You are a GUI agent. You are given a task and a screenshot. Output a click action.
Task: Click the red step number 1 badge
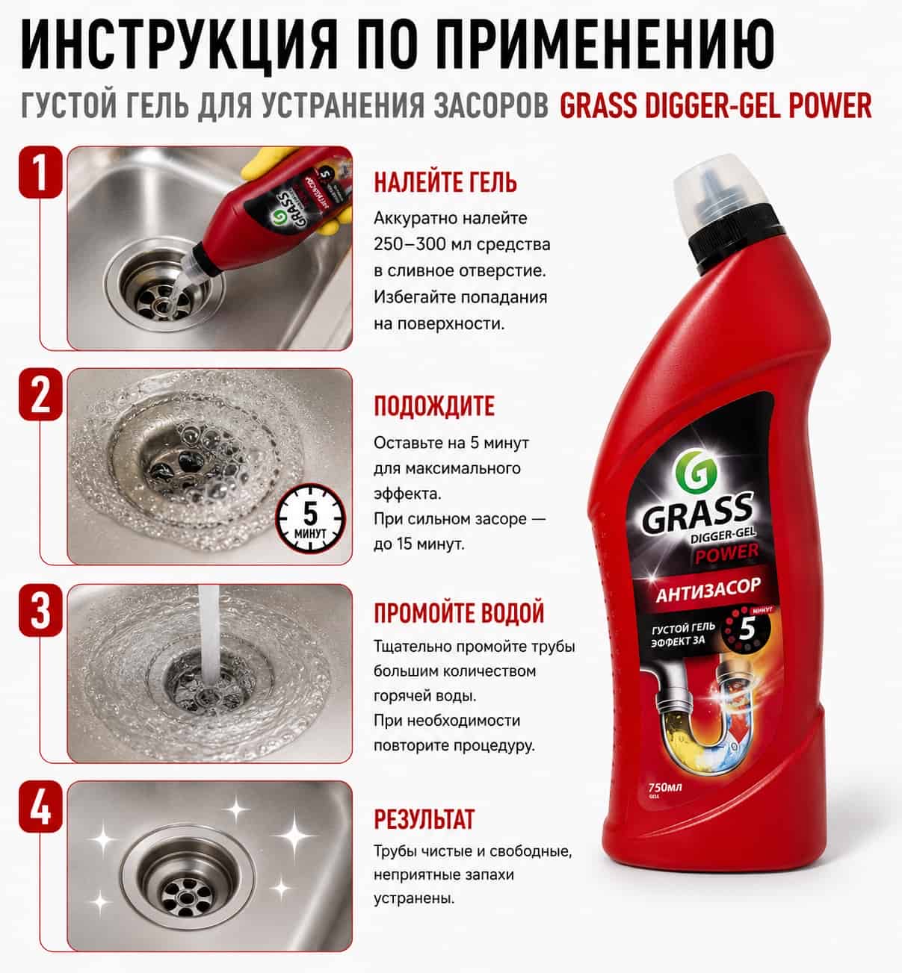[40, 172]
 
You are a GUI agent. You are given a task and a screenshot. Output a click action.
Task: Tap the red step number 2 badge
[40, 394]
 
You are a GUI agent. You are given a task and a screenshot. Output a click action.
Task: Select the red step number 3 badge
[40, 610]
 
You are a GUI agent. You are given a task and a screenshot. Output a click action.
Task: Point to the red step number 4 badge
[40, 807]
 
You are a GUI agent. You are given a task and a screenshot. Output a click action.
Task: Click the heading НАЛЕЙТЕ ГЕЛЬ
[445, 182]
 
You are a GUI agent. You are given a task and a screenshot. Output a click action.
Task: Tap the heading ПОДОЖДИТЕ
[434, 405]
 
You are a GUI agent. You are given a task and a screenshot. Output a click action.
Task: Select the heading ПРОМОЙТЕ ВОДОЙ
[459, 613]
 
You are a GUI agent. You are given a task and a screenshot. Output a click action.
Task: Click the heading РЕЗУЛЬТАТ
[424, 819]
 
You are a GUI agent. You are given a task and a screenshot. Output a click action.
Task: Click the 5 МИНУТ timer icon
[310, 519]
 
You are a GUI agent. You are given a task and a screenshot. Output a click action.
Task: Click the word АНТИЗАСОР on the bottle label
[708, 591]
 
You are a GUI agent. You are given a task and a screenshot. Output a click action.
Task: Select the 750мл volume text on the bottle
[665, 787]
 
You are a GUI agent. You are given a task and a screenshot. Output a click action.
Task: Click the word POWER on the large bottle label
[726, 554]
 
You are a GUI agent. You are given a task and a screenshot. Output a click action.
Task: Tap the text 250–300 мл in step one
[416, 244]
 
